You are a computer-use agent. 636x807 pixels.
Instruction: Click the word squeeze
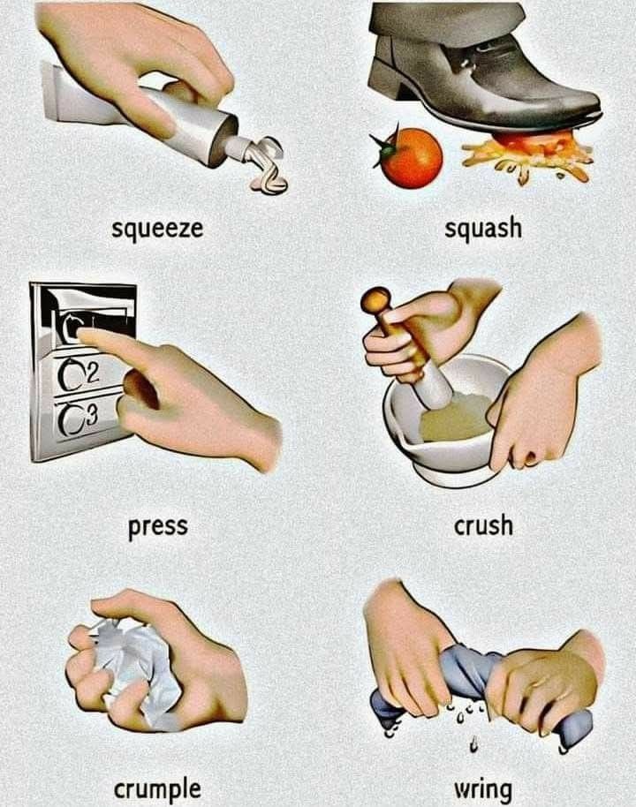point(157,229)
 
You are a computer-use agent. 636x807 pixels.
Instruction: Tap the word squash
point(483,228)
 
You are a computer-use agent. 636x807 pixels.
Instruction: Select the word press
point(157,527)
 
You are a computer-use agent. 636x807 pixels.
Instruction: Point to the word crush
point(483,525)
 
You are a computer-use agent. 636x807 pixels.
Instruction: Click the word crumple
point(157,789)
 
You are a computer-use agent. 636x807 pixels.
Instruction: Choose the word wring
point(483,790)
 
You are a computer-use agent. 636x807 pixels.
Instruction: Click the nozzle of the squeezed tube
point(235,147)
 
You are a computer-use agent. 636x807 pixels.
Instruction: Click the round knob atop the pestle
point(375,300)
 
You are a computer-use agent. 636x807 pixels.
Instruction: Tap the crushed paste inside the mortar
point(453,418)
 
